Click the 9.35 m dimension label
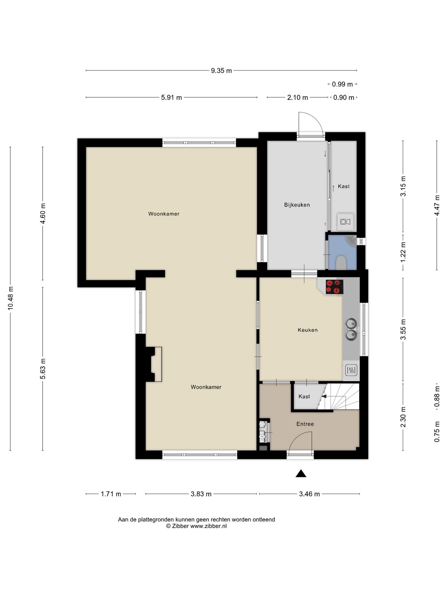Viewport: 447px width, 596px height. click(221, 71)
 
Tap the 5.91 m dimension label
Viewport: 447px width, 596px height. click(171, 98)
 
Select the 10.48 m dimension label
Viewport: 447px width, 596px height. click(11, 298)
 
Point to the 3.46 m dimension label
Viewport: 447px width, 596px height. click(309, 494)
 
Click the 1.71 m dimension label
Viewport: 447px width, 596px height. click(111, 494)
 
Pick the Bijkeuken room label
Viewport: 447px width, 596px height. click(297, 205)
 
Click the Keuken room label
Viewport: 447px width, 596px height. click(308, 330)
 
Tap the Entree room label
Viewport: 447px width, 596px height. click(305, 424)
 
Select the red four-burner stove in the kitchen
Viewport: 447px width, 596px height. click(334, 287)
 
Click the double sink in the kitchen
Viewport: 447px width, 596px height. click(351, 329)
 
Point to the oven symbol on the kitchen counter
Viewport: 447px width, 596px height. click(351, 370)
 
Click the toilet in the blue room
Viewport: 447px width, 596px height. click(341, 263)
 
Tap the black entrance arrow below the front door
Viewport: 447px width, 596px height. click(301, 473)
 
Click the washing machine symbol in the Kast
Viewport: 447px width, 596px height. click(345, 221)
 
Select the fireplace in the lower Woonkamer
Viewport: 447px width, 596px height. click(154, 364)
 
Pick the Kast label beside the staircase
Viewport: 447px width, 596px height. click(304, 397)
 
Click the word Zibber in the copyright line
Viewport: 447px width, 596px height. click(180, 526)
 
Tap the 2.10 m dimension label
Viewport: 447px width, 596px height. click(298, 98)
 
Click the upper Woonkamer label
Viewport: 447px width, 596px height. click(163, 214)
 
